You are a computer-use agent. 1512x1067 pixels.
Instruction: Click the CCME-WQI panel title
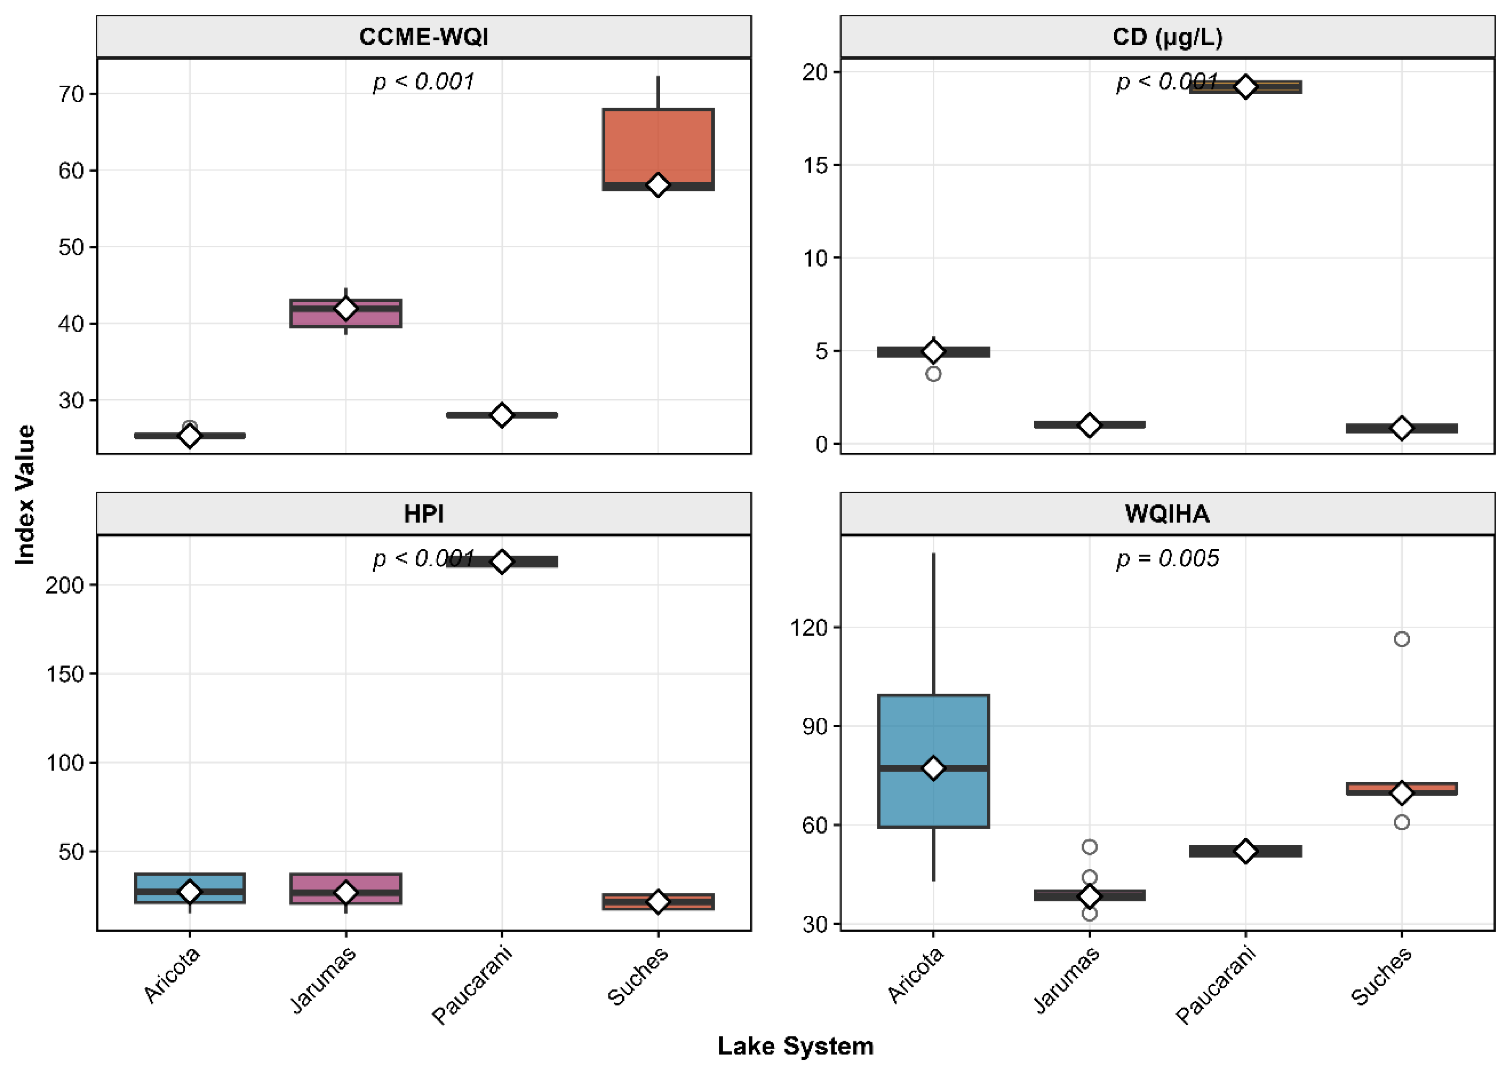pos(423,37)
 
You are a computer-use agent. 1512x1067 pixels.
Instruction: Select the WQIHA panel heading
pos(1167,514)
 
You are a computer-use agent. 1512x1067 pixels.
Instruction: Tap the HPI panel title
pos(423,514)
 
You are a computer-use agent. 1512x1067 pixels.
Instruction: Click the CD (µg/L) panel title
pos(1167,37)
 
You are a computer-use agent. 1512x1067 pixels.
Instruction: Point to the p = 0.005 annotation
pos(1167,559)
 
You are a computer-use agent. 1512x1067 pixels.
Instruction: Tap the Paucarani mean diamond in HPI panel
pos(502,561)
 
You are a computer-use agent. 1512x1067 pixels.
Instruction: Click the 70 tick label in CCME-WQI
pos(71,94)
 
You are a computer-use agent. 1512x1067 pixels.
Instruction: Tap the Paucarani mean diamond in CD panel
pos(1245,87)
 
